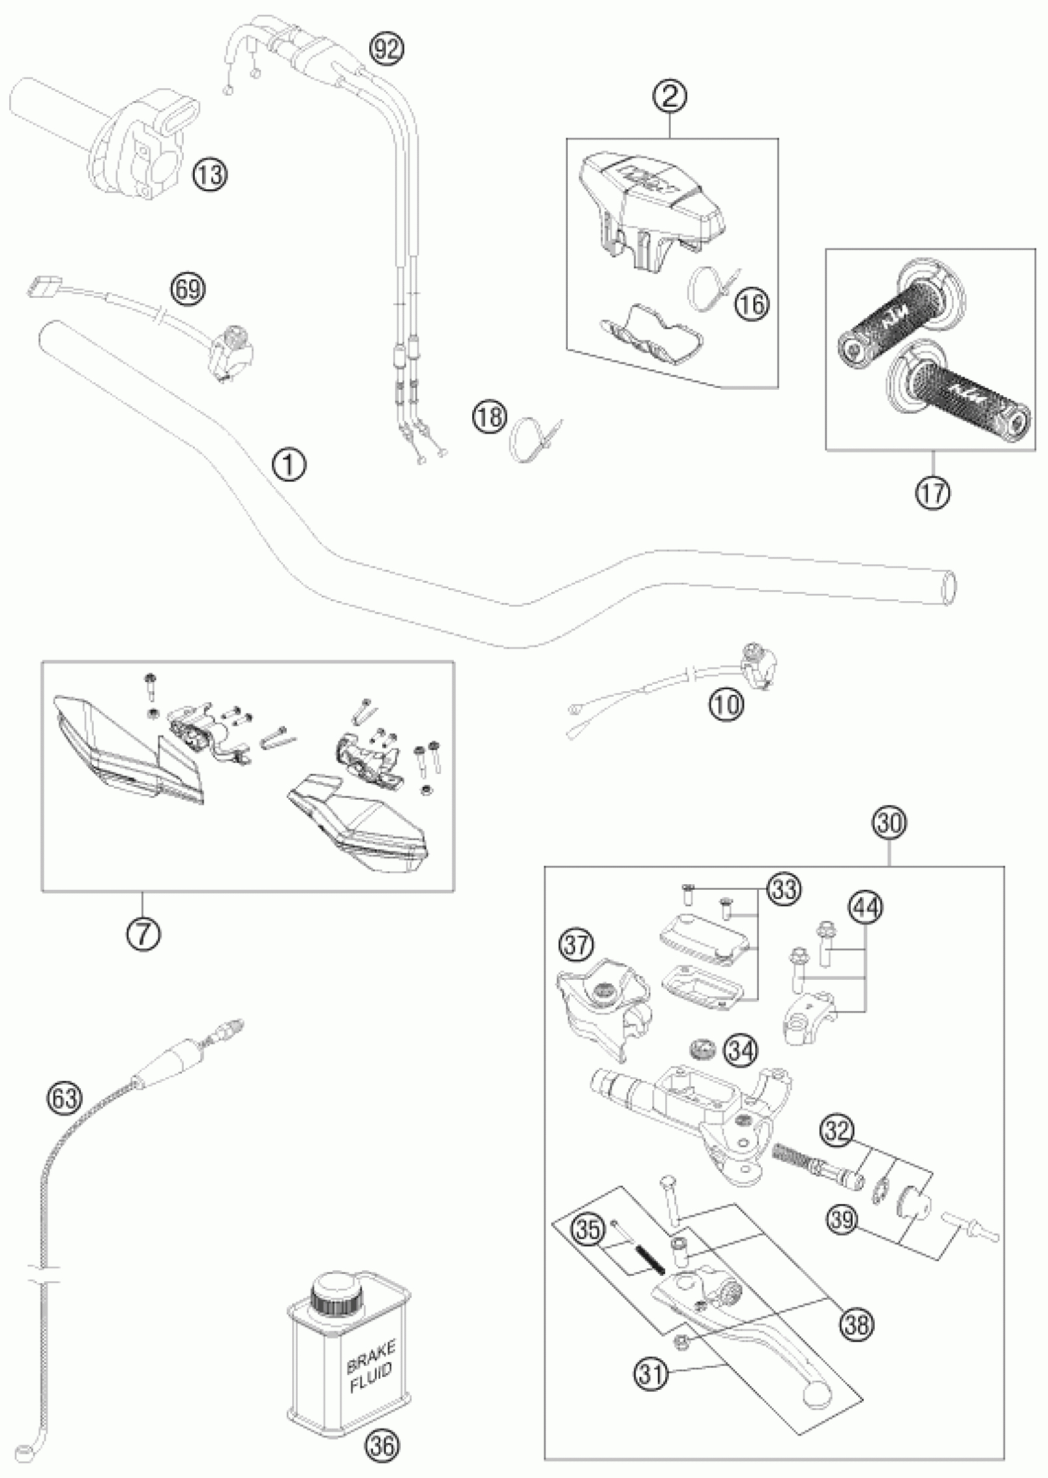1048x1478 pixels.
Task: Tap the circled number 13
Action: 210,174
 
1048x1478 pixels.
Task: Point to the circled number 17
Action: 933,494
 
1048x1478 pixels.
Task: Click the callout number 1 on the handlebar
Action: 289,464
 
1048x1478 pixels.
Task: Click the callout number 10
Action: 727,705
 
